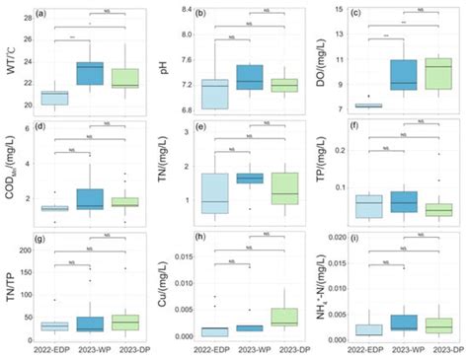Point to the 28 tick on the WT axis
24,10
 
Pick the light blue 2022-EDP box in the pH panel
214,94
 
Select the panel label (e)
198,127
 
